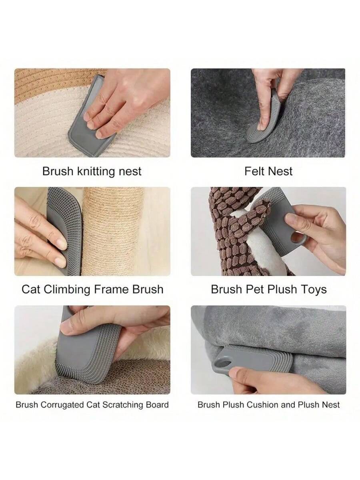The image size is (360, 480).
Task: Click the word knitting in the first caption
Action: (96, 172)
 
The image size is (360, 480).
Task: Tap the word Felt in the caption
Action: (254, 171)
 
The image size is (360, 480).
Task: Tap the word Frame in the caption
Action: (112, 290)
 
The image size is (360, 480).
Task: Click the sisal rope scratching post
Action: (112, 231)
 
